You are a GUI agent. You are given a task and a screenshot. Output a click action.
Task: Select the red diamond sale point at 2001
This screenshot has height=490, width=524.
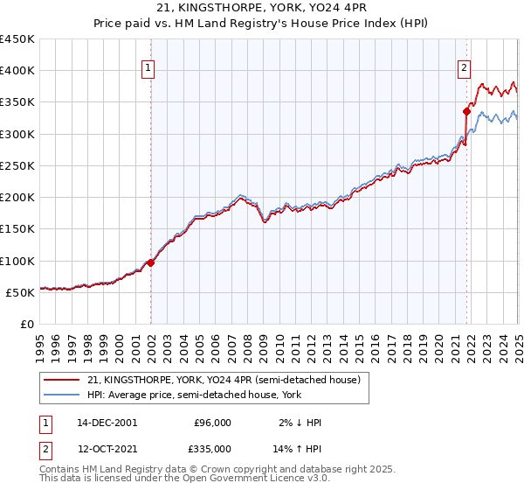point(150,262)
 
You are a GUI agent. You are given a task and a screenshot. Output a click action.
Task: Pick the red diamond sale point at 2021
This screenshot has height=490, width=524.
point(467,111)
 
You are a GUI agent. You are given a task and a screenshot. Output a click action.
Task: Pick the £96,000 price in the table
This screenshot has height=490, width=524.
point(213,423)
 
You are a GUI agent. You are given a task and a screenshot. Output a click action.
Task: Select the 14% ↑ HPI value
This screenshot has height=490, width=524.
point(298,448)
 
